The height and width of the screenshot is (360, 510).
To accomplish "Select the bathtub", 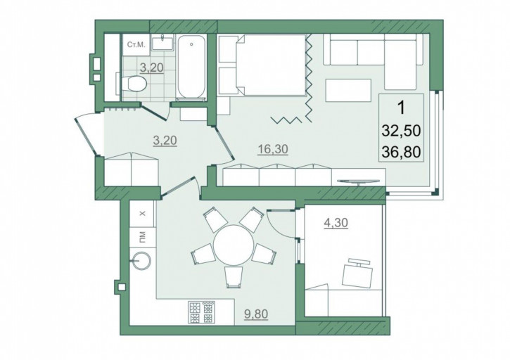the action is (x=191, y=67).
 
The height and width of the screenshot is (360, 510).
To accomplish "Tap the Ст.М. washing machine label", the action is (x=136, y=45).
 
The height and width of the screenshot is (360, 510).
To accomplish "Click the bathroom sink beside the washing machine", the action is (x=162, y=43).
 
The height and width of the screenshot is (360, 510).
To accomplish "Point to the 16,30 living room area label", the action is (x=272, y=149).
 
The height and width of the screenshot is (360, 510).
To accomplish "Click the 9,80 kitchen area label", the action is (x=256, y=314).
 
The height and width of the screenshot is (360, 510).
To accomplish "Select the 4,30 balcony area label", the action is (x=336, y=223).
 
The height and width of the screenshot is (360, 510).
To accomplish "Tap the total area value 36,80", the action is (x=402, y=152).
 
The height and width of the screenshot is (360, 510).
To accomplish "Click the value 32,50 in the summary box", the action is (x=402, y=131).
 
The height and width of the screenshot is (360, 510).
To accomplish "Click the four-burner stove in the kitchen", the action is (x=202, y=312).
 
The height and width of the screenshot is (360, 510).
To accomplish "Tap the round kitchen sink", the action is (x=141, y=260).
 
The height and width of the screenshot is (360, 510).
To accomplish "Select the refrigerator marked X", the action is (x=142, y=214).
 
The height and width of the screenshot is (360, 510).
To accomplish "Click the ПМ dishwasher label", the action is (x=142, y=237).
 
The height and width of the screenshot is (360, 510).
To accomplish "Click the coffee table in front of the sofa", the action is (x=348, y=90).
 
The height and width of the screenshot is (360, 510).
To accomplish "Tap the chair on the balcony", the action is (x=357, y=273).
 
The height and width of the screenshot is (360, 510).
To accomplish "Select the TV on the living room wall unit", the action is (x=359, y=181).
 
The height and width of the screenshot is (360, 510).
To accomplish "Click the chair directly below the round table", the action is (x=234, y=277).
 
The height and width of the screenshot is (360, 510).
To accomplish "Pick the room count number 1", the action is (x=402, y=108).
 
